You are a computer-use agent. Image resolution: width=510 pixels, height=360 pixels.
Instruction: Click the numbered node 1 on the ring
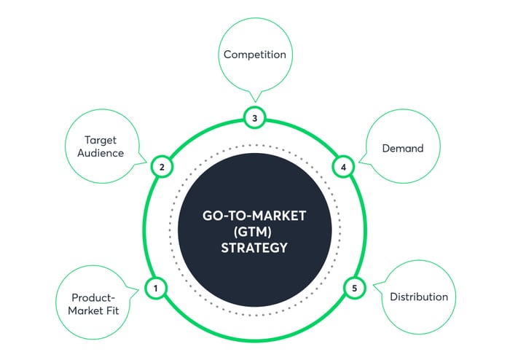[x=156, y=288]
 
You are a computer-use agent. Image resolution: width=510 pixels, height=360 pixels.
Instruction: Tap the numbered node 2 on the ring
[x=162, y=167]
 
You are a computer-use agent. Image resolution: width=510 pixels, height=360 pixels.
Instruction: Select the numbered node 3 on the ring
[x=255, y=118]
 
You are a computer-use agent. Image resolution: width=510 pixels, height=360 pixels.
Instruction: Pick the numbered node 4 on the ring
[x=343, y=167]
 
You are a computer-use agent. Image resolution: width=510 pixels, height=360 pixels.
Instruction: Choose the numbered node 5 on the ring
[x=355, y=288]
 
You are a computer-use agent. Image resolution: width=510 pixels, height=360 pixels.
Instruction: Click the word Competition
[x=255, y=55]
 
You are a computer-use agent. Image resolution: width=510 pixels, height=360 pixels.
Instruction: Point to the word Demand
[x=403, y=148]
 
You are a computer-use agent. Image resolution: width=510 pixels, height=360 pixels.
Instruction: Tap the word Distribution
[x=419, y=297]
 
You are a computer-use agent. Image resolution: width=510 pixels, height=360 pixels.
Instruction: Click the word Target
[x=101, y=141]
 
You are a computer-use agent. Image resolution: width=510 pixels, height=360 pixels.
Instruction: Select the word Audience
[x=101, y=153]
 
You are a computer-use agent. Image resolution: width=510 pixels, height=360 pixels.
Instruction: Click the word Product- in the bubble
[x=93, y=297]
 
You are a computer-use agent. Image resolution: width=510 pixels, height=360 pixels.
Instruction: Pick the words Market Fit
[x=93, y=310]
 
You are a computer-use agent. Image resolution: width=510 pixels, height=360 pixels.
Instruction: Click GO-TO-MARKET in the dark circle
[x=254, y=216]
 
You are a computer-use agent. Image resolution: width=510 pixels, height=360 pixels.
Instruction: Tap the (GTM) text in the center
[x=253, y=232]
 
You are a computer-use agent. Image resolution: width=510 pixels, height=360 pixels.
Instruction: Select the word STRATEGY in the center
[x=254, y=248]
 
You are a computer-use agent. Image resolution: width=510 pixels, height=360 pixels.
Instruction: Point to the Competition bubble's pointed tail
[x=255, y=102]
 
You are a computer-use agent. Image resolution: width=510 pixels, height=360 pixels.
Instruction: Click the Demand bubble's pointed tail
[x=359, y=162]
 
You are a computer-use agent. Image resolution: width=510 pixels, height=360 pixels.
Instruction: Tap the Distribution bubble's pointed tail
[x=373, y=285]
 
